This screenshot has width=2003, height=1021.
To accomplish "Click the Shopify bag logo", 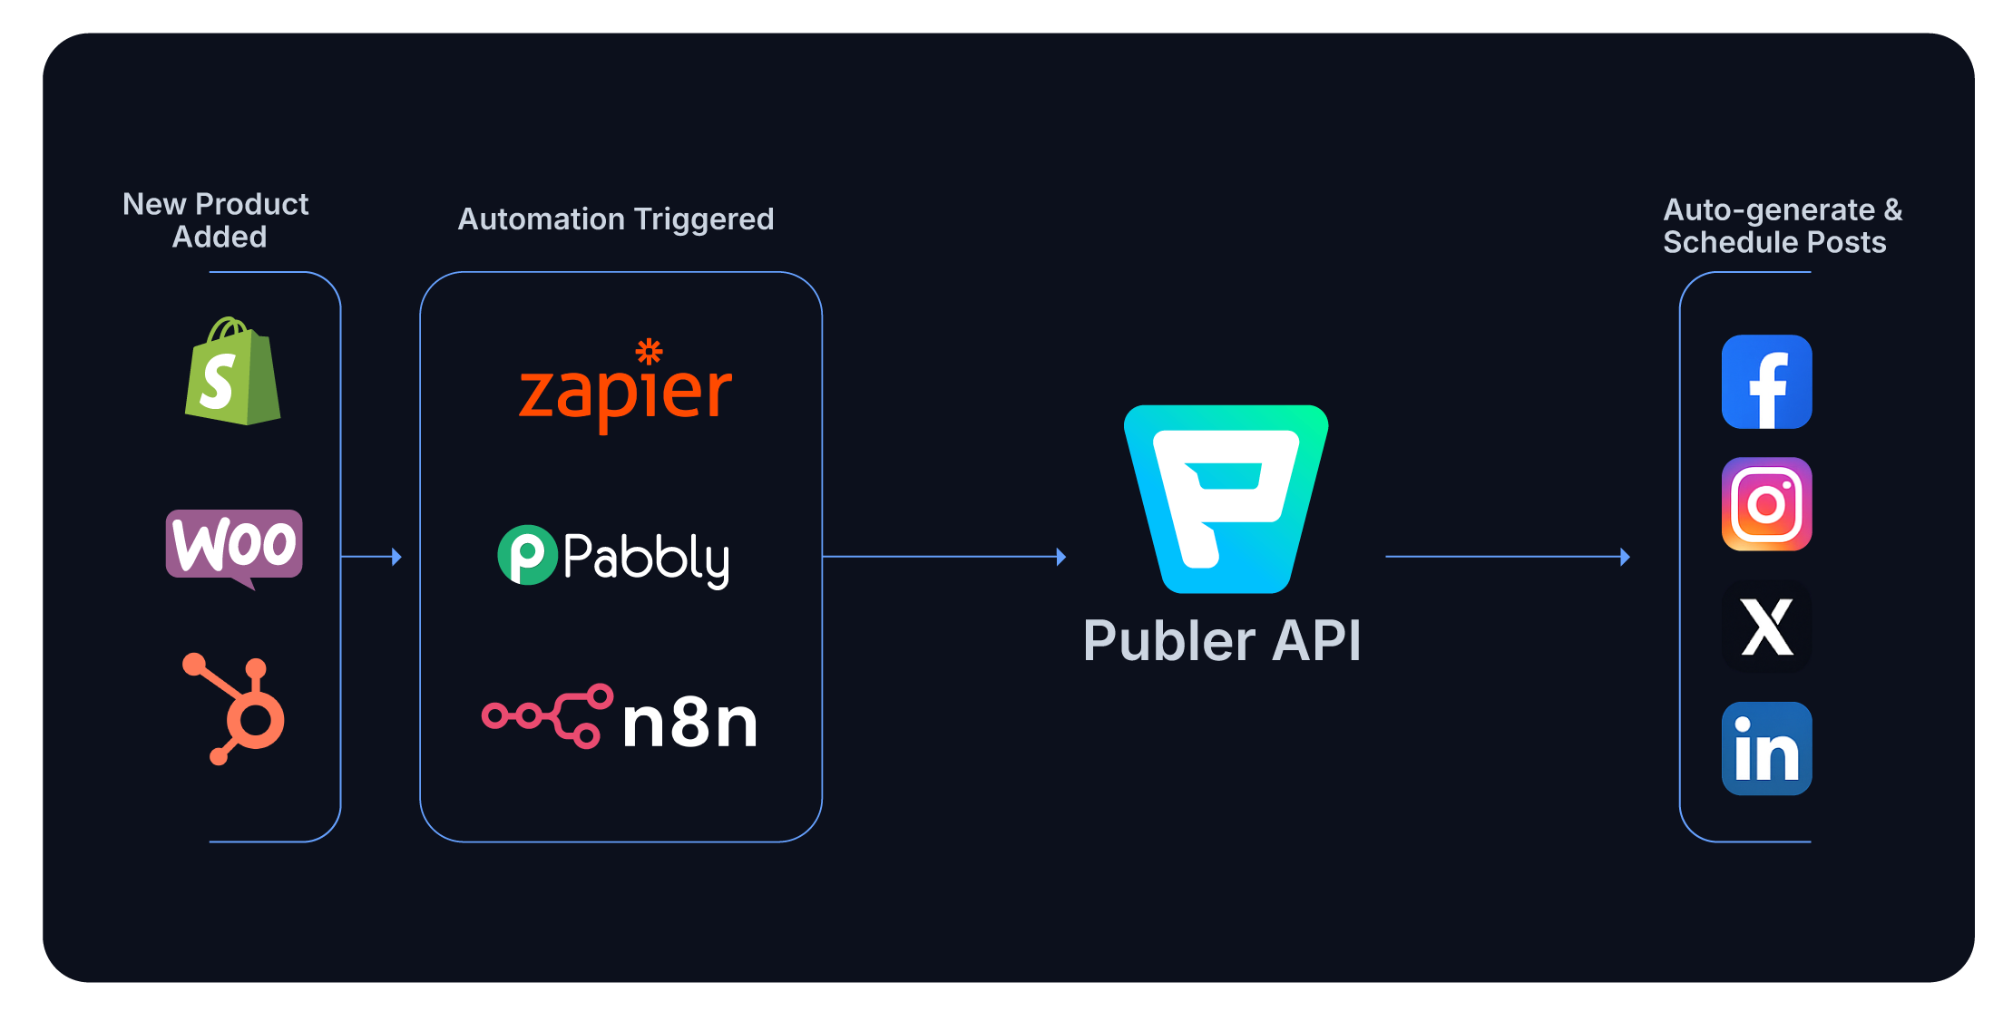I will [x=232, y=372].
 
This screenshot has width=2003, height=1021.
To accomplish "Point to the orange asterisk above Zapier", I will [x=649, y=351].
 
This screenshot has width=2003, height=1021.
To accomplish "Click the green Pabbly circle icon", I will [x=527, y=555].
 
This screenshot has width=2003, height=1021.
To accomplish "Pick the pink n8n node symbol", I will [x=547, y=715].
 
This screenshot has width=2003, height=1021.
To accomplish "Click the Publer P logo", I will [x=1226, y=499].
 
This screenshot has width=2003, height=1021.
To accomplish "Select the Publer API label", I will [x=1222, y=641].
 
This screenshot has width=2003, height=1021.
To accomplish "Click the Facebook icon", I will [x=1766, y=382].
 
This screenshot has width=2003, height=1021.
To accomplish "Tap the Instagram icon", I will [x=1766, y=504].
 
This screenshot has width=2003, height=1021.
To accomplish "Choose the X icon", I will [x=1766, y=627].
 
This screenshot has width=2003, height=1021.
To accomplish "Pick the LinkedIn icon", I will [x=1766, y=749].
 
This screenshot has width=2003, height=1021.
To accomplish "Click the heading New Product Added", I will [x=216, y=220].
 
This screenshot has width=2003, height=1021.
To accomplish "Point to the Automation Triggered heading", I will [x=615, y=219].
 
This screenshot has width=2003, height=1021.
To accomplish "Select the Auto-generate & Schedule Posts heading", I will [x=1782, y=226].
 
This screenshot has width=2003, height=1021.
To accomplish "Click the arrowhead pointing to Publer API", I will [x=1061, y=557].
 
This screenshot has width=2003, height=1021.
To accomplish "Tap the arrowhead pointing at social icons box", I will [x=1625, y=557].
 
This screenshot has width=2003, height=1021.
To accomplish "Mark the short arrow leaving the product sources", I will [x=371, y=557].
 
